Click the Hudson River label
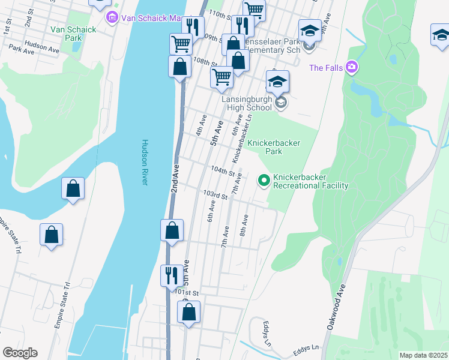pyautogui.click(x=145, y=163)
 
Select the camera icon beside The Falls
pyautogui.click(x=352, y=67)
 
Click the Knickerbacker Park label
pyautogui.click(x=274, y=148)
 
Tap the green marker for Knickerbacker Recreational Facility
pyautogui.click(x=263, y=179)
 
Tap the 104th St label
pyautogui.click(x=222, y=171)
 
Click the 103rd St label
pyautogui.click(x=215, y=195)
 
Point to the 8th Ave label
pyautogui.click(x=244, y=224)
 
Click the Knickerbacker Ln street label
pyautogui.click(x=240, y=139)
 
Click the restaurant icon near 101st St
pyautogui.click(x=172, y=275)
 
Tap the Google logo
pyautogui.click(x=20, y=353)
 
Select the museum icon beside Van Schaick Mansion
pyautogui.click(x=112, y=19)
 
